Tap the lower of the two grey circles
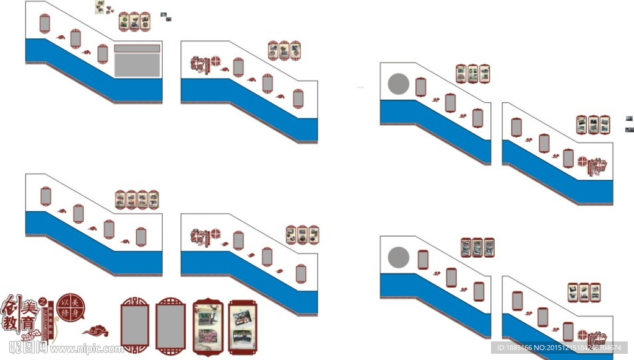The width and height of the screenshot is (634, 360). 398,258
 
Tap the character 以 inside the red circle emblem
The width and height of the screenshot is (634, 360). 63,302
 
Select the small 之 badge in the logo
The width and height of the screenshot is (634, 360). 42,301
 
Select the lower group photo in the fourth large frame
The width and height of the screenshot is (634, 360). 242,338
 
